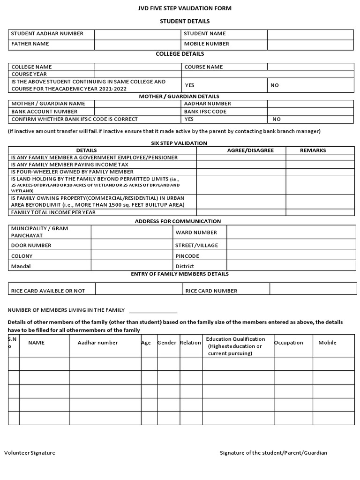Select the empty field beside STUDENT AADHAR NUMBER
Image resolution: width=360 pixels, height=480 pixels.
click(137, 34)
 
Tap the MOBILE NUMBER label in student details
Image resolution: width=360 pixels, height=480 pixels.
click(206, 44)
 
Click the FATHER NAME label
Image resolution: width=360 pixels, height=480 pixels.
click(30, 44)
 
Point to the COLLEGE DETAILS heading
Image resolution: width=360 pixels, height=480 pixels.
click(180, 54)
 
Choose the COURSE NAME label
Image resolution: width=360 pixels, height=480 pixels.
click(203, 67)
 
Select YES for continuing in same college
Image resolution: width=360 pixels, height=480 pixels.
click(189, 85)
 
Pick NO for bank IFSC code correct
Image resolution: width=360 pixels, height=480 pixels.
click(277, 119)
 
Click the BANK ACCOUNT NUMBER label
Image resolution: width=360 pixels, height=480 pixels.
click(44, 112)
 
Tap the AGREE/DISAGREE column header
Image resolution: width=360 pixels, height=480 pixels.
click(250, 150)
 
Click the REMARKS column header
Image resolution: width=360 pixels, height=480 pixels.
click(313, 150)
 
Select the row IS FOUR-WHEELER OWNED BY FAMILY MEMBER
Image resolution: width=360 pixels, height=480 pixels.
click(72, 172)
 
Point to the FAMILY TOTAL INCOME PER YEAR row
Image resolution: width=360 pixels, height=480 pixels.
click(53, 212)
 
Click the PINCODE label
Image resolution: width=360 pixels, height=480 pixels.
click(187, 256)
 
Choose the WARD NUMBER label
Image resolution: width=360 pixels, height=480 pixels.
click(196, 232)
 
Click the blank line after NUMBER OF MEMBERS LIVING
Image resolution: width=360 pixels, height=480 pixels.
click(153, 310)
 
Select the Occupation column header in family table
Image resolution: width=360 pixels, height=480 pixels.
click(288, 343)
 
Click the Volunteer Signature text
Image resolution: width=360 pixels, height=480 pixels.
click(30, 453)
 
